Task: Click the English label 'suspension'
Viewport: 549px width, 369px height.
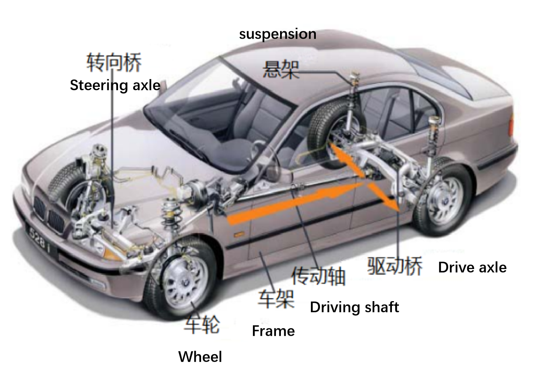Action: click(x=278, y=34)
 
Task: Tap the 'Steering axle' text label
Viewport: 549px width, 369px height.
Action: click(x=115, y=85)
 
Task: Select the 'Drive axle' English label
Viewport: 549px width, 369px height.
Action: click(x=472, y=267)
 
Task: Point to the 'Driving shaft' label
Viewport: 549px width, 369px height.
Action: click(x=354, y=307)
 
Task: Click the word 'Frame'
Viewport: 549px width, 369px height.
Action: click(x=273, y=331)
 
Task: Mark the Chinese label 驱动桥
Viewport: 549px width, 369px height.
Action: click(x=395, y=266)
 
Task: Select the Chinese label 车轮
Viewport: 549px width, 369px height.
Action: click(x=202, y=323)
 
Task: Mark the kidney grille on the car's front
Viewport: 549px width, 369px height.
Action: click(x=49, y=214)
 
